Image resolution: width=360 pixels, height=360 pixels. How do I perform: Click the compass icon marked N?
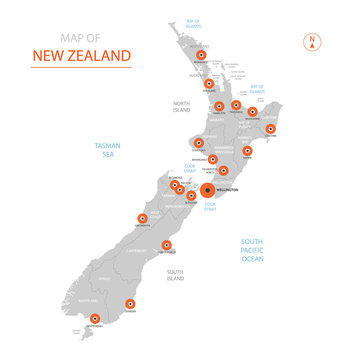click(x=312, y=42)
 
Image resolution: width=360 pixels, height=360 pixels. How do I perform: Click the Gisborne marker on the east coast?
click(x=271, y=129)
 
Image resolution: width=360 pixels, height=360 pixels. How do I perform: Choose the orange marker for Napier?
click(x=247, y=152)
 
